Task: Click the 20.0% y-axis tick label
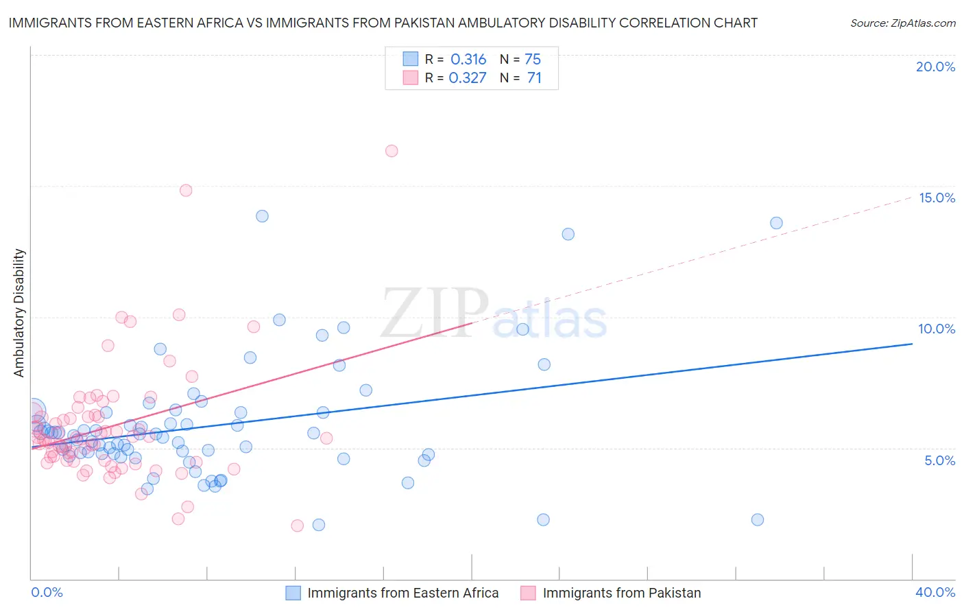(935, 67)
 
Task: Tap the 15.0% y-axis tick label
(937, 198)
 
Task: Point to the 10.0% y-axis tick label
(937, 329)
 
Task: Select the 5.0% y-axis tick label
(939, 460)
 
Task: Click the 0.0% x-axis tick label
(47, 592)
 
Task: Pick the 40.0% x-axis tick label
(935, 592)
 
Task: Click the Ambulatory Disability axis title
(19, 313)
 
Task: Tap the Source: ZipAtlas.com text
(902, 23)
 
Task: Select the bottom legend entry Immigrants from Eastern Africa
(402, 593)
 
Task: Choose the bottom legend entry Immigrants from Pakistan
(621, 593)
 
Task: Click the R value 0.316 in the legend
(468, 60)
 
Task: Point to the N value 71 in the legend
(534, 78)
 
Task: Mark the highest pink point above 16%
(391, 151)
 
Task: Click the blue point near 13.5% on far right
(776, 223)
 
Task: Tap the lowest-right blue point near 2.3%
(758, 519)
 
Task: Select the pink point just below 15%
(186, 191)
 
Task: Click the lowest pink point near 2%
(297, 526)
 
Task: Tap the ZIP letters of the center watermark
(435, 313)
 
